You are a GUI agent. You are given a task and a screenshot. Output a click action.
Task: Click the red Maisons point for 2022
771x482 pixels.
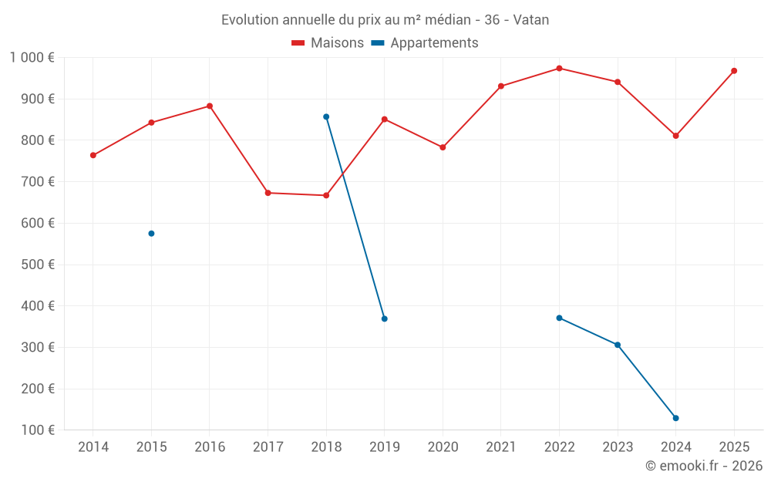click(x=559, y=69)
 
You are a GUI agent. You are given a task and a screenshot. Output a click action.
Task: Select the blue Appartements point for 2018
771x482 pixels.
click(x=326, y=117)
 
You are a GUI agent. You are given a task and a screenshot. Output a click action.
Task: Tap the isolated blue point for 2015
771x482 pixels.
click(x=151, y=234)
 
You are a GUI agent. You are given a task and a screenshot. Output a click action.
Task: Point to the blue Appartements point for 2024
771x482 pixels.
click(x=675, y=418)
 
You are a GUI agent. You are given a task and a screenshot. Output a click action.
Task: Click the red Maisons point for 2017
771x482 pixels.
click(x=268, y=193)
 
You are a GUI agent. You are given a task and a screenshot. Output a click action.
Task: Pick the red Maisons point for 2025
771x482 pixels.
click(x=734, y=71)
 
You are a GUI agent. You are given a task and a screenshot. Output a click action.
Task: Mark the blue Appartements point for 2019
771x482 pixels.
click(x=385, y=319)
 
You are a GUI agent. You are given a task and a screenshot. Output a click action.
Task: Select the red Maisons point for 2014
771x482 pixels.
click(x=93, y=156)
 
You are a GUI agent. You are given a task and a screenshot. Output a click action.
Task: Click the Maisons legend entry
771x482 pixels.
click(x=328, y=42)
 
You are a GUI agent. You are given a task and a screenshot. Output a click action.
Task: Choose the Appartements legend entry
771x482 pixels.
click(x=425, y=42)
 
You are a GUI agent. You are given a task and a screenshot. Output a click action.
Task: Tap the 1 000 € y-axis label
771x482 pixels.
click(x=32, y=58)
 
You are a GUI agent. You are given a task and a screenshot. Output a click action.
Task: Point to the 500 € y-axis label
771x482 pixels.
click(x=38, y=265)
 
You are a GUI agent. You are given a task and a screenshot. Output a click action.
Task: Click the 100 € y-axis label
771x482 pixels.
click(x=38, y=430)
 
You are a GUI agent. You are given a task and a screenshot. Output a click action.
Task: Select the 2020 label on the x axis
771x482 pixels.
click(x=443, y=447)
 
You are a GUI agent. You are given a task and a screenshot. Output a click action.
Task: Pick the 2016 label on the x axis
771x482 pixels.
click(x=210, y=447)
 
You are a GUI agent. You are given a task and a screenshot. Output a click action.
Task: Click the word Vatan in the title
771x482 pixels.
click(x=531, y=20)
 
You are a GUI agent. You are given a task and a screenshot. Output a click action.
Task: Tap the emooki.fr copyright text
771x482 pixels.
click(x=704, y=465)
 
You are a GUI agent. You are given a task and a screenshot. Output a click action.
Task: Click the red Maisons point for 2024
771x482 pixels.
click(x=675, y=136)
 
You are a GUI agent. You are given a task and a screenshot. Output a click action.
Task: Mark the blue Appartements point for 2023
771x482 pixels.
click(x=618, y=345)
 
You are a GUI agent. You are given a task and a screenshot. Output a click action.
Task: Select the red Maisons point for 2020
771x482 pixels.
click(x=443, y=147)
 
